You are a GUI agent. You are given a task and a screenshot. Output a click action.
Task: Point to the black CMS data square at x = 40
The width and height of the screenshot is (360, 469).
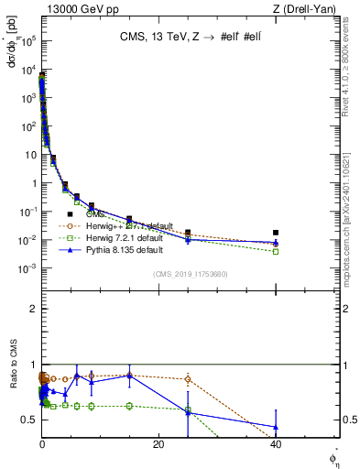pyautogui.click(x=276, y=233)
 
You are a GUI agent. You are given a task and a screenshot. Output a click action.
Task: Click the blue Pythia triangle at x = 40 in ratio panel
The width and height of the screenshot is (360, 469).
pyautogui.click(x=276, y=427)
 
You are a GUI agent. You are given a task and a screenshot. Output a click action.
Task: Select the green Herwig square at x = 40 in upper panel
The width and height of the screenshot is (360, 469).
pyautogui.click(x=276, y=251)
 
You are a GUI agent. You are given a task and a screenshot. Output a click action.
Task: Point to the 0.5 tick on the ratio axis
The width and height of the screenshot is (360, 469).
pyautogui.click(x=29, y=420)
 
